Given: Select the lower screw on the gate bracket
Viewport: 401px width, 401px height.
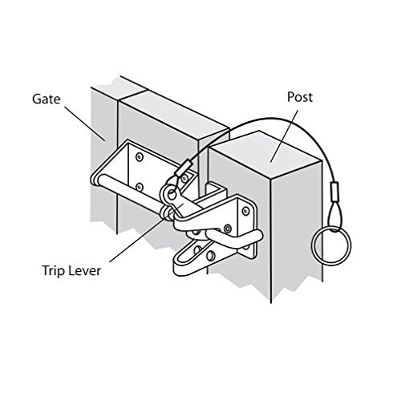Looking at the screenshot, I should tap(140, 186).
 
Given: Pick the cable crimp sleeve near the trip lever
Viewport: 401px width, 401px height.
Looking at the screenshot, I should tap(184, 169).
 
